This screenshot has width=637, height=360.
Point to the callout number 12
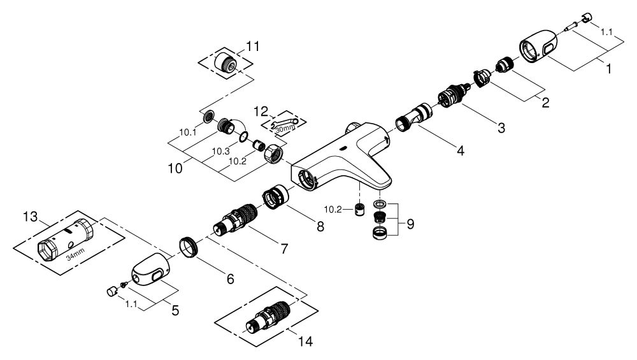pos(261,112)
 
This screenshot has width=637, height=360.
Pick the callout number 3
pos(501,128)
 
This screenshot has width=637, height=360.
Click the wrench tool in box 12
pos(283,122)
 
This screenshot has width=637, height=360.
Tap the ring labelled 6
pos(188,246)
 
